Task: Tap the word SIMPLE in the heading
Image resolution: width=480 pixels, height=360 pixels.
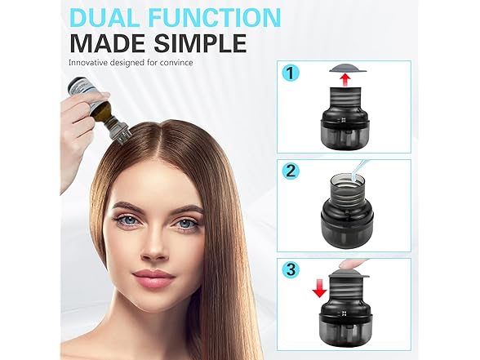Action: (x=200, y=43)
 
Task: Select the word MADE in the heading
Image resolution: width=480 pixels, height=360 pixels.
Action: (x=108, y=43)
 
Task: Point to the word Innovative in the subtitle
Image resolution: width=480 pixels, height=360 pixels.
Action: (x=88, y=62)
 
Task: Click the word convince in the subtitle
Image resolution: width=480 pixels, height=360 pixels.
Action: (x=179, y=63)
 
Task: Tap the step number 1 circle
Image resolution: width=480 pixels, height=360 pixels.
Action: (x=291, y=73)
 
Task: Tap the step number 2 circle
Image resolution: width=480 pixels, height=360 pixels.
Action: (x=291, y=171)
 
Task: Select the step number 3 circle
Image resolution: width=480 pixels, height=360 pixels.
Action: (x=291, y=269)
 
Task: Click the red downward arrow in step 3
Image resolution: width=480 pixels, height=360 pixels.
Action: (x=320, y=291)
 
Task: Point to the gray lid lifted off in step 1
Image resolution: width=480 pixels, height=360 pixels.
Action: (x=348, y=69)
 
